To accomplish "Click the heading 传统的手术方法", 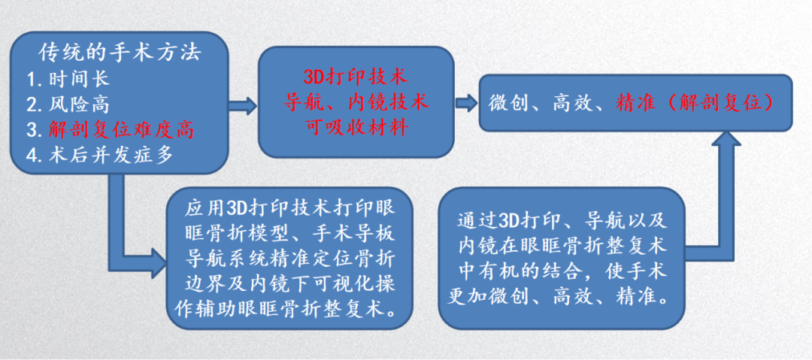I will [x=120, y=53].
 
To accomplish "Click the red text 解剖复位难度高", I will [x=120, y=129].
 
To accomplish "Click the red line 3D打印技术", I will [x=355, y=77].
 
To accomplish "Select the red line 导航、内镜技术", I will [x=355, y=101].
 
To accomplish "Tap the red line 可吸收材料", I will [x=355, y=127].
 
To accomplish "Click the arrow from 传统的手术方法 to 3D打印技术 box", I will [x=243, y=104].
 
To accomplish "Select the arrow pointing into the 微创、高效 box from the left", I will [x=465, y=102].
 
